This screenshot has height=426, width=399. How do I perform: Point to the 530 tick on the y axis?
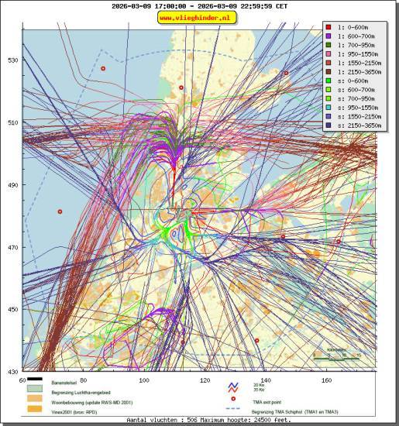pyautogui.click(x=12, y=60)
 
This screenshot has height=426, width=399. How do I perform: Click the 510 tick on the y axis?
pyautogui.click(x=12, y=123)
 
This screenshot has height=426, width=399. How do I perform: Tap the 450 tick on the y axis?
pyautogui.click(x=12, y=310)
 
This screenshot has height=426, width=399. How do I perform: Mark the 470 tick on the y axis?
pyautogui.click(x=12, y=248)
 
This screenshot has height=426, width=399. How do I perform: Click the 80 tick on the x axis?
pyautogui.click(x=83, y=380)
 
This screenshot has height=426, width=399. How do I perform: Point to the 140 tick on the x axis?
pyautogui.click(x=266, y=380)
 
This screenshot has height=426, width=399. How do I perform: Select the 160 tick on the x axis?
pyautogui.click(x=326, y=380)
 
